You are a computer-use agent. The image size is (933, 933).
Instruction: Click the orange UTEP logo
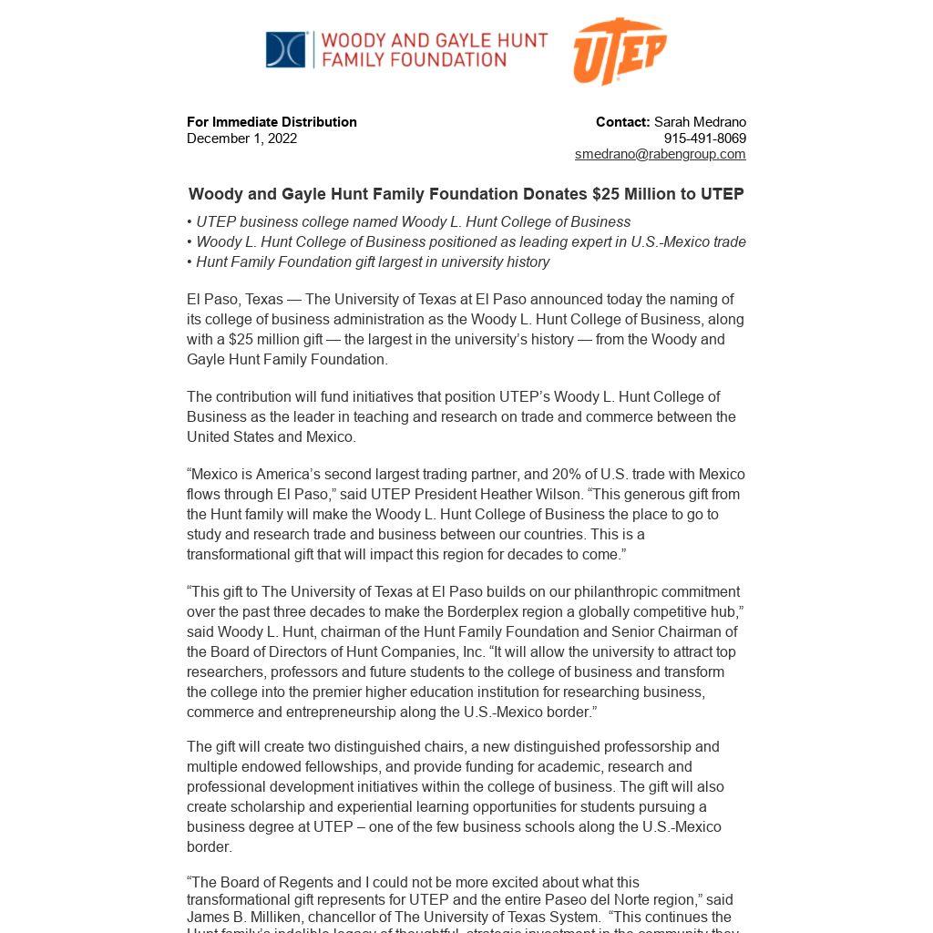620,51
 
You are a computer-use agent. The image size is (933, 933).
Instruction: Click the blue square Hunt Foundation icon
285,50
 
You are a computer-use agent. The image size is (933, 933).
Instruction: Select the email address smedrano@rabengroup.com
660,154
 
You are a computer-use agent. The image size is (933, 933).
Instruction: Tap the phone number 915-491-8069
704,138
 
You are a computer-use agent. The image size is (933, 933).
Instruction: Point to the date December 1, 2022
241,138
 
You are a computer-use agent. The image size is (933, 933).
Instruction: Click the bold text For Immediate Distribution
272,122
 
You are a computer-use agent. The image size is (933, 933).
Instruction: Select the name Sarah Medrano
700,122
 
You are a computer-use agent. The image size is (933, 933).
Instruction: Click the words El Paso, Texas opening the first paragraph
231,300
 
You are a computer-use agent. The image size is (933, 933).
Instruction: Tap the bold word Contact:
622,122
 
